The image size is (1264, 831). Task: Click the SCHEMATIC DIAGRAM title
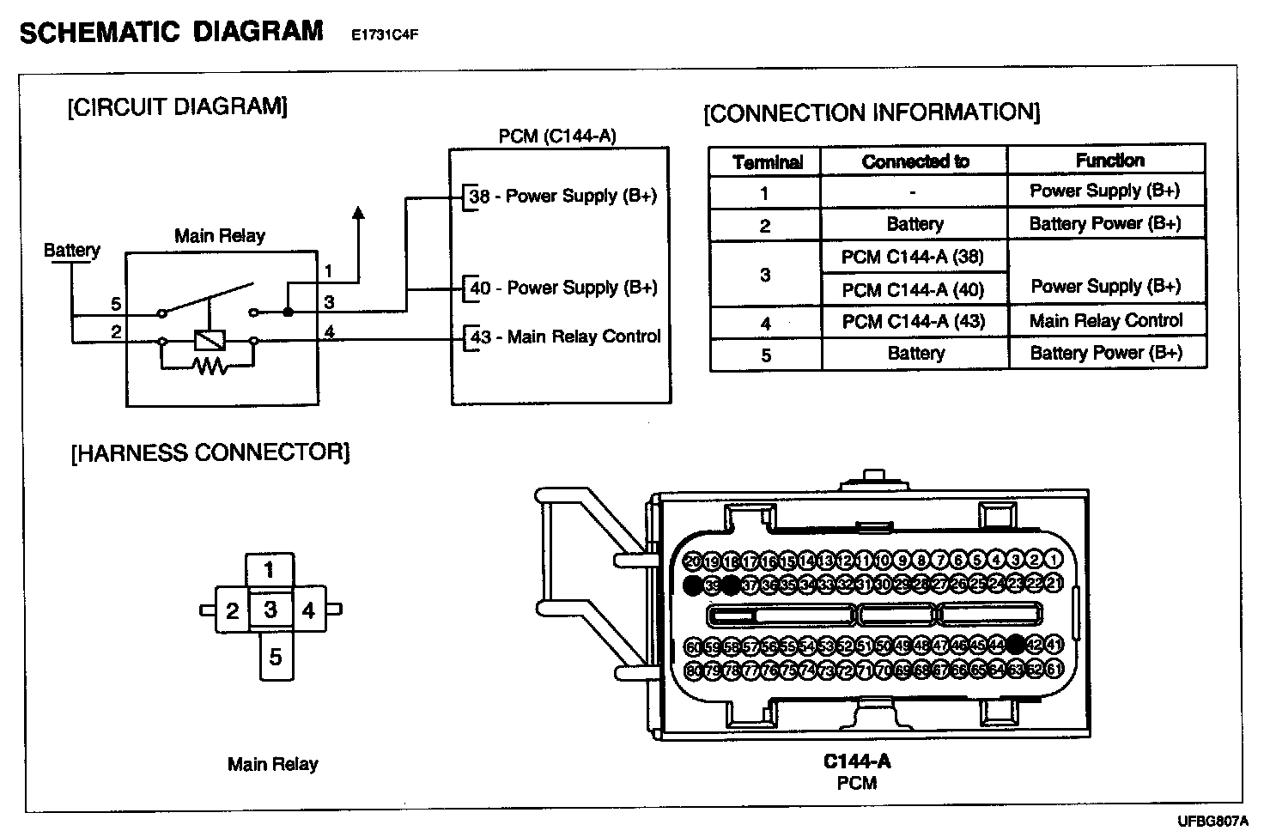(171, 33)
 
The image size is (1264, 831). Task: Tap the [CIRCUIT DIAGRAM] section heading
(177, 107)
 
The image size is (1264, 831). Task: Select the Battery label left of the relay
(71, 250)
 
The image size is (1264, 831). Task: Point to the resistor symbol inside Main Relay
(209, 367)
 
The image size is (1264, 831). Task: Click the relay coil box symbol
(209, 340)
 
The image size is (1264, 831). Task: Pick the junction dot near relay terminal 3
(288, 312)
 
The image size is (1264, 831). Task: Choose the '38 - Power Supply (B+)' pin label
(562, 196)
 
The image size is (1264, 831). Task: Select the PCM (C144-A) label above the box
(557, 136)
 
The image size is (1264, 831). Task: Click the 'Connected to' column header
(915, 161)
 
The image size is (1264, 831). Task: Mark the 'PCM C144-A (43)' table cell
(913, 322)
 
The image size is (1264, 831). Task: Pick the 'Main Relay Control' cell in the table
(1106, 321)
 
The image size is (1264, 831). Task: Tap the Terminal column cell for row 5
(765, 355)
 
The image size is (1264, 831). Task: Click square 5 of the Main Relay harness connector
(275, 657)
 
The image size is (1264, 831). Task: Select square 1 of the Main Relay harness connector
(270, 570)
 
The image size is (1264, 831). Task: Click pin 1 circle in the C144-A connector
(1054, 561)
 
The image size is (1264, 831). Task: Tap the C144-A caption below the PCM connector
(856, 761)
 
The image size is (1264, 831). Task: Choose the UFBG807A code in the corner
(1212, 821)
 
